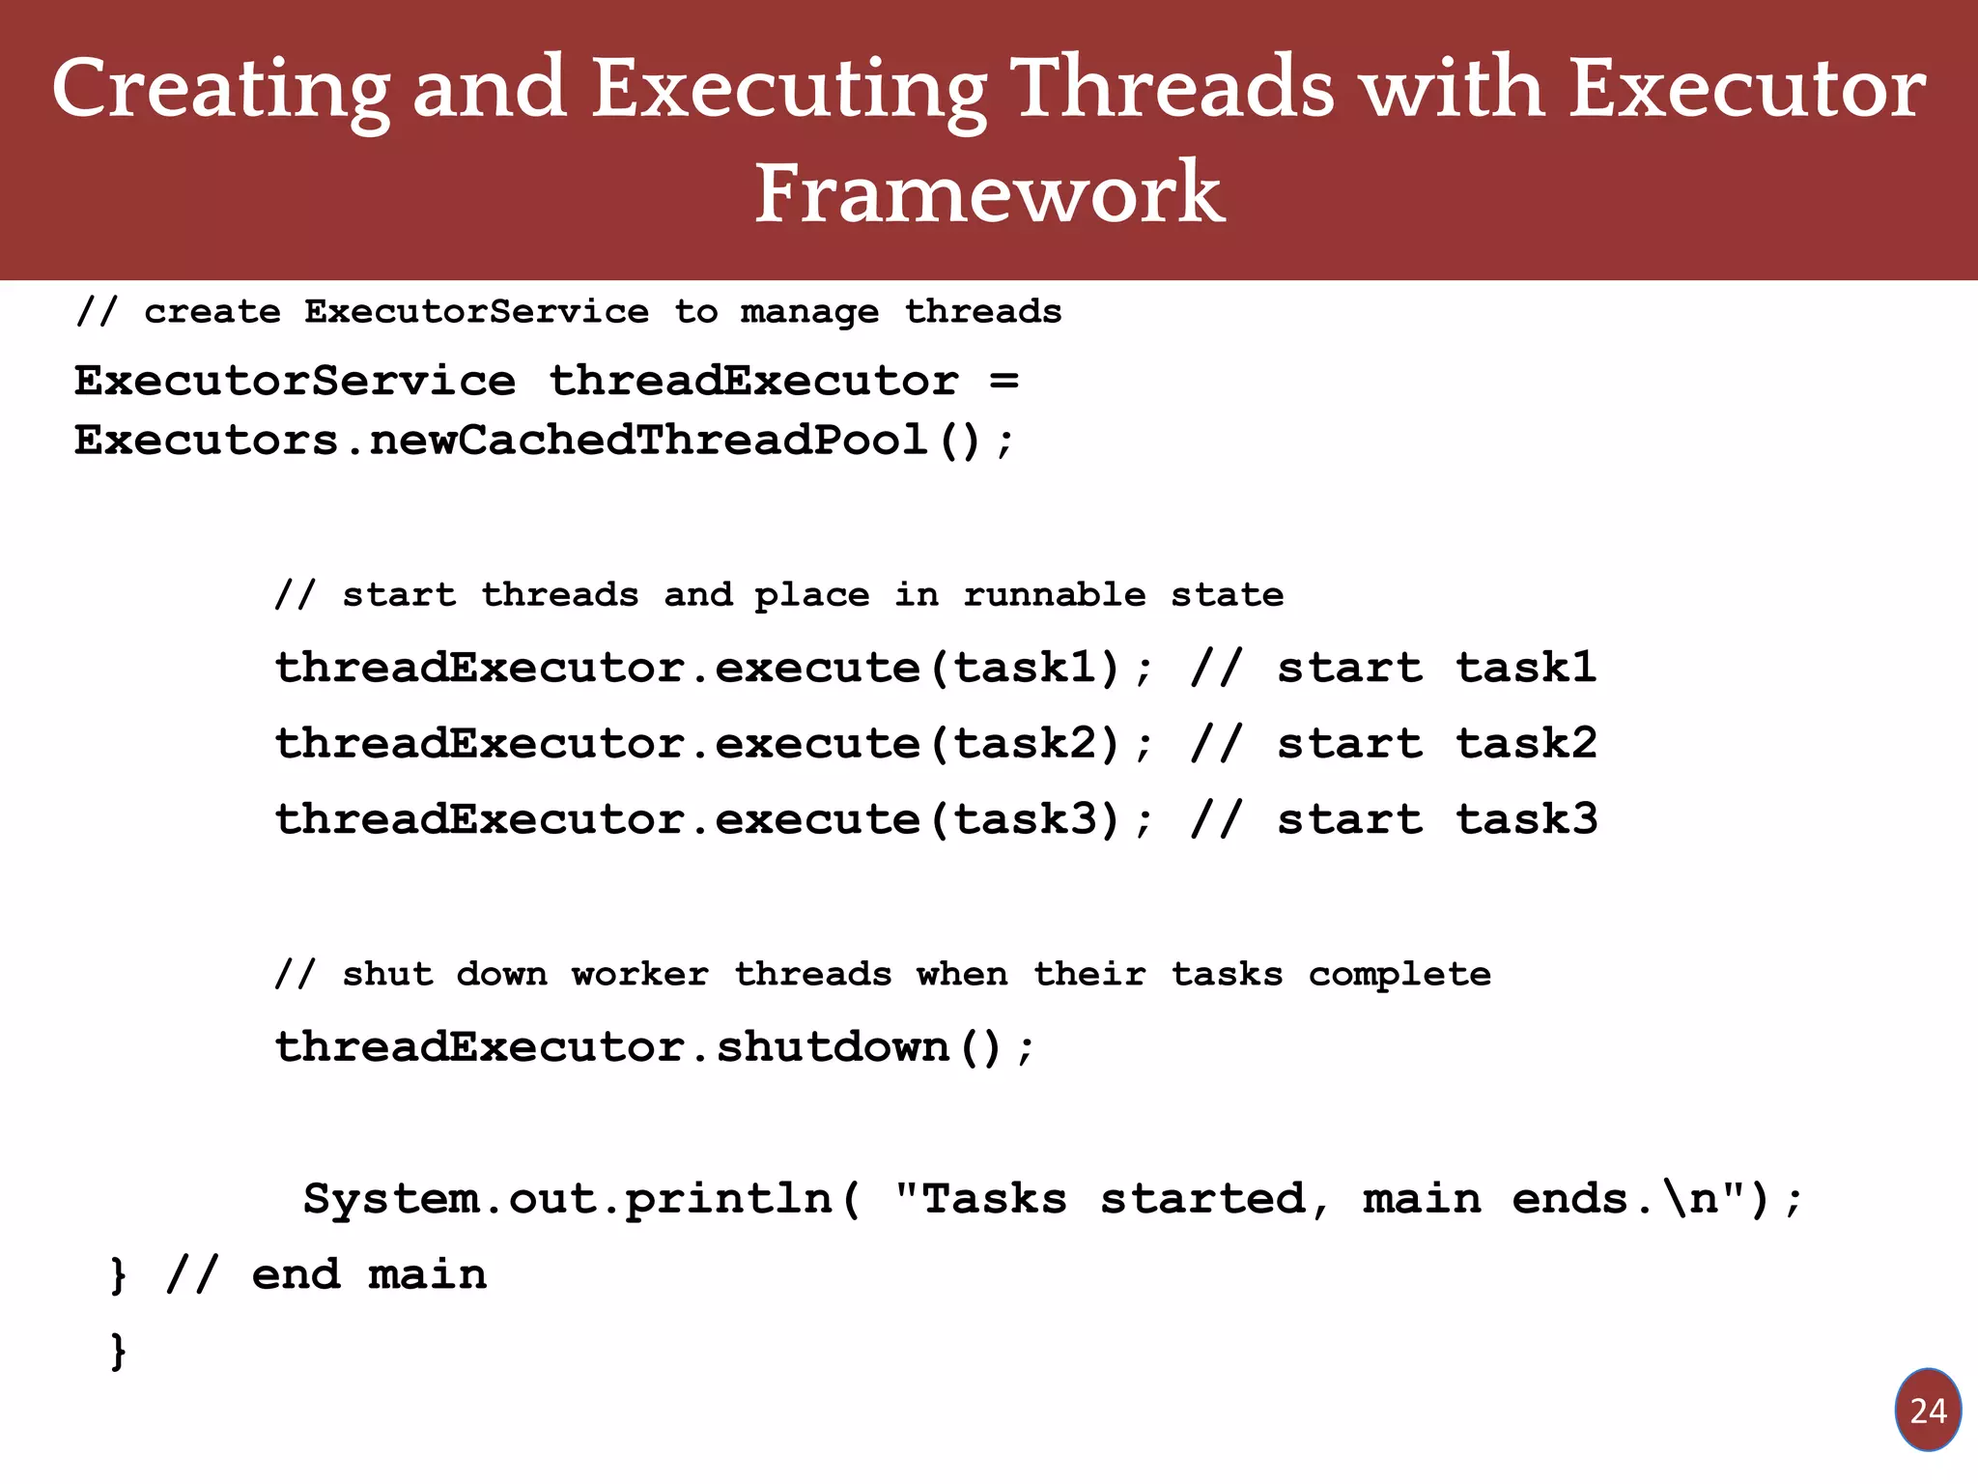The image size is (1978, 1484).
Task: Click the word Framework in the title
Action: [x=989, y=193]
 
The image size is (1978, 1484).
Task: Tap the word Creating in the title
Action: [x=221, y=89]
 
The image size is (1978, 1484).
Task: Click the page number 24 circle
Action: [x=1927, y=1411]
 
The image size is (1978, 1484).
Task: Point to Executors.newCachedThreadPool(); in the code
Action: [x=544, y=442]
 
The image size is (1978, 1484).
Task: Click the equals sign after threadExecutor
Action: [x=1004, y=381]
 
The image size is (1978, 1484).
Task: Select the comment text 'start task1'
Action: [x=1436, y=668]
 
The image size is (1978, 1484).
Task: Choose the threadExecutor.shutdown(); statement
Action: [x=654, y=1047]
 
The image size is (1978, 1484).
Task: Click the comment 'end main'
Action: [x=369, y=1275]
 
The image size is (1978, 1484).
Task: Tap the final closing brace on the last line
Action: [x=118, y=1351]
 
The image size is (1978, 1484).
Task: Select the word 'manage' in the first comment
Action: [x=809, y=312]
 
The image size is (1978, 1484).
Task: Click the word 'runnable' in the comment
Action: [x=1054, y=594]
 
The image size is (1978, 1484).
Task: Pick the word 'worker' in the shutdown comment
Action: [x=639, y=974]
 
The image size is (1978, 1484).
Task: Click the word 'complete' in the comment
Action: [x=1399, y=974]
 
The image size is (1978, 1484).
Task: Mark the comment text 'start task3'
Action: [x=1436, y=819]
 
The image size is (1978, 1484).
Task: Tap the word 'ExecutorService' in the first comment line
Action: [x=476, y=312]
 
